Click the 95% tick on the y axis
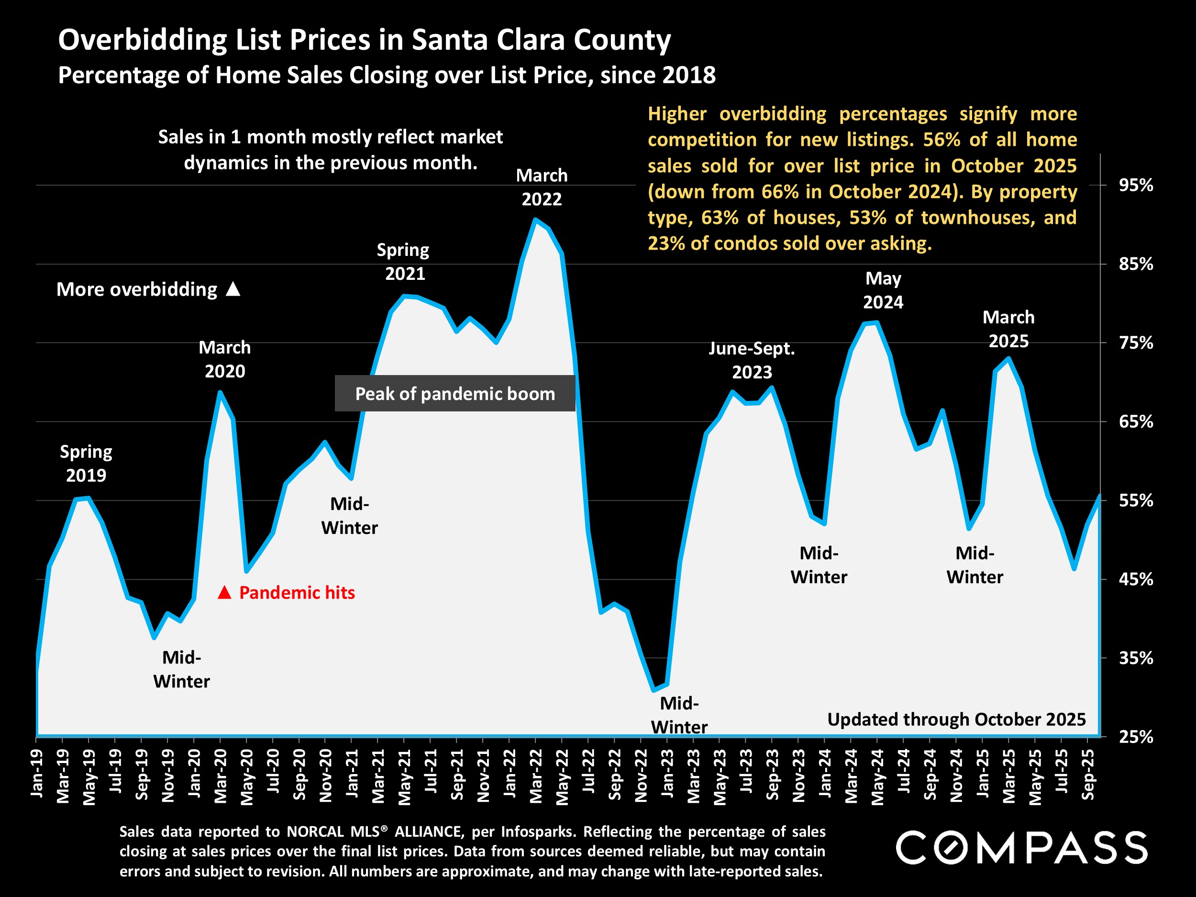click(x=1135, y=186)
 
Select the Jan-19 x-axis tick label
click(x=37, y=773)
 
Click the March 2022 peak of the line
click(x=535, y=220)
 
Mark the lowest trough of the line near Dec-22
click(x=653, y=690)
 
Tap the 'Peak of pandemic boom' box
click(x=454, y=394)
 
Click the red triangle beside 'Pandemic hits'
click(x=224, y=593)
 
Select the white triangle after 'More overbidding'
click(x=233, y=289)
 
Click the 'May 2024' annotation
click(x=883, y=290)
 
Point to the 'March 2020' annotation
click(x=225, y=359)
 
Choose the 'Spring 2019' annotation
click(x=86, y=464)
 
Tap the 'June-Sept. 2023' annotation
click(x=752, y=360)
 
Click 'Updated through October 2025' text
click(x=956, y=720)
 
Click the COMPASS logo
click(x=1021, y=847)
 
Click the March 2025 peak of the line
click(x=1008, y=358)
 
